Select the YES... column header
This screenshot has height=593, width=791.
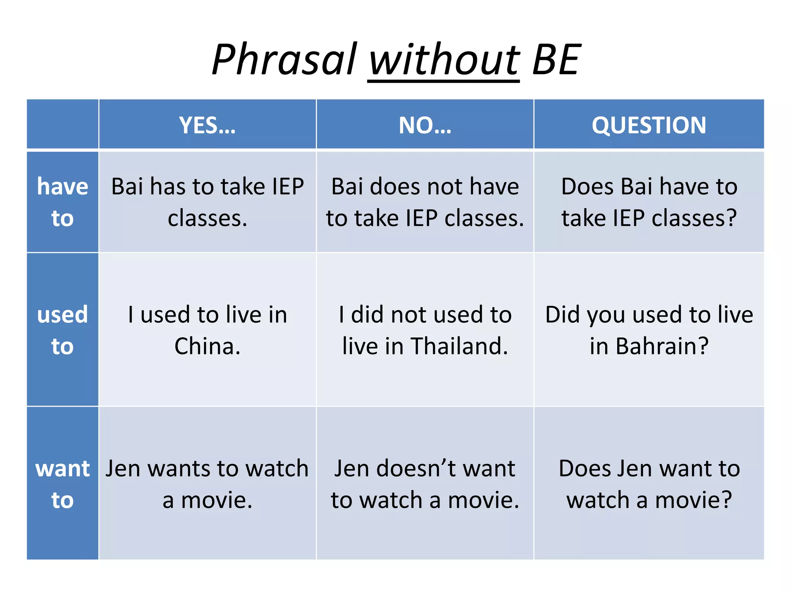[x=207, y=125]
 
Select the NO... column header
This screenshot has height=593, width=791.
[x=425, y=125]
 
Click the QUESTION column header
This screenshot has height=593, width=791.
[x=649, y=125]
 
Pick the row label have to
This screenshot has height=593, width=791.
[x=63, y=202]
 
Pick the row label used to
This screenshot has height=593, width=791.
[x=63, y=330]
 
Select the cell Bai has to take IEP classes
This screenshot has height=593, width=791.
[x=207, y=202]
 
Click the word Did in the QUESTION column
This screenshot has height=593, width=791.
[x=563, y=314]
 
